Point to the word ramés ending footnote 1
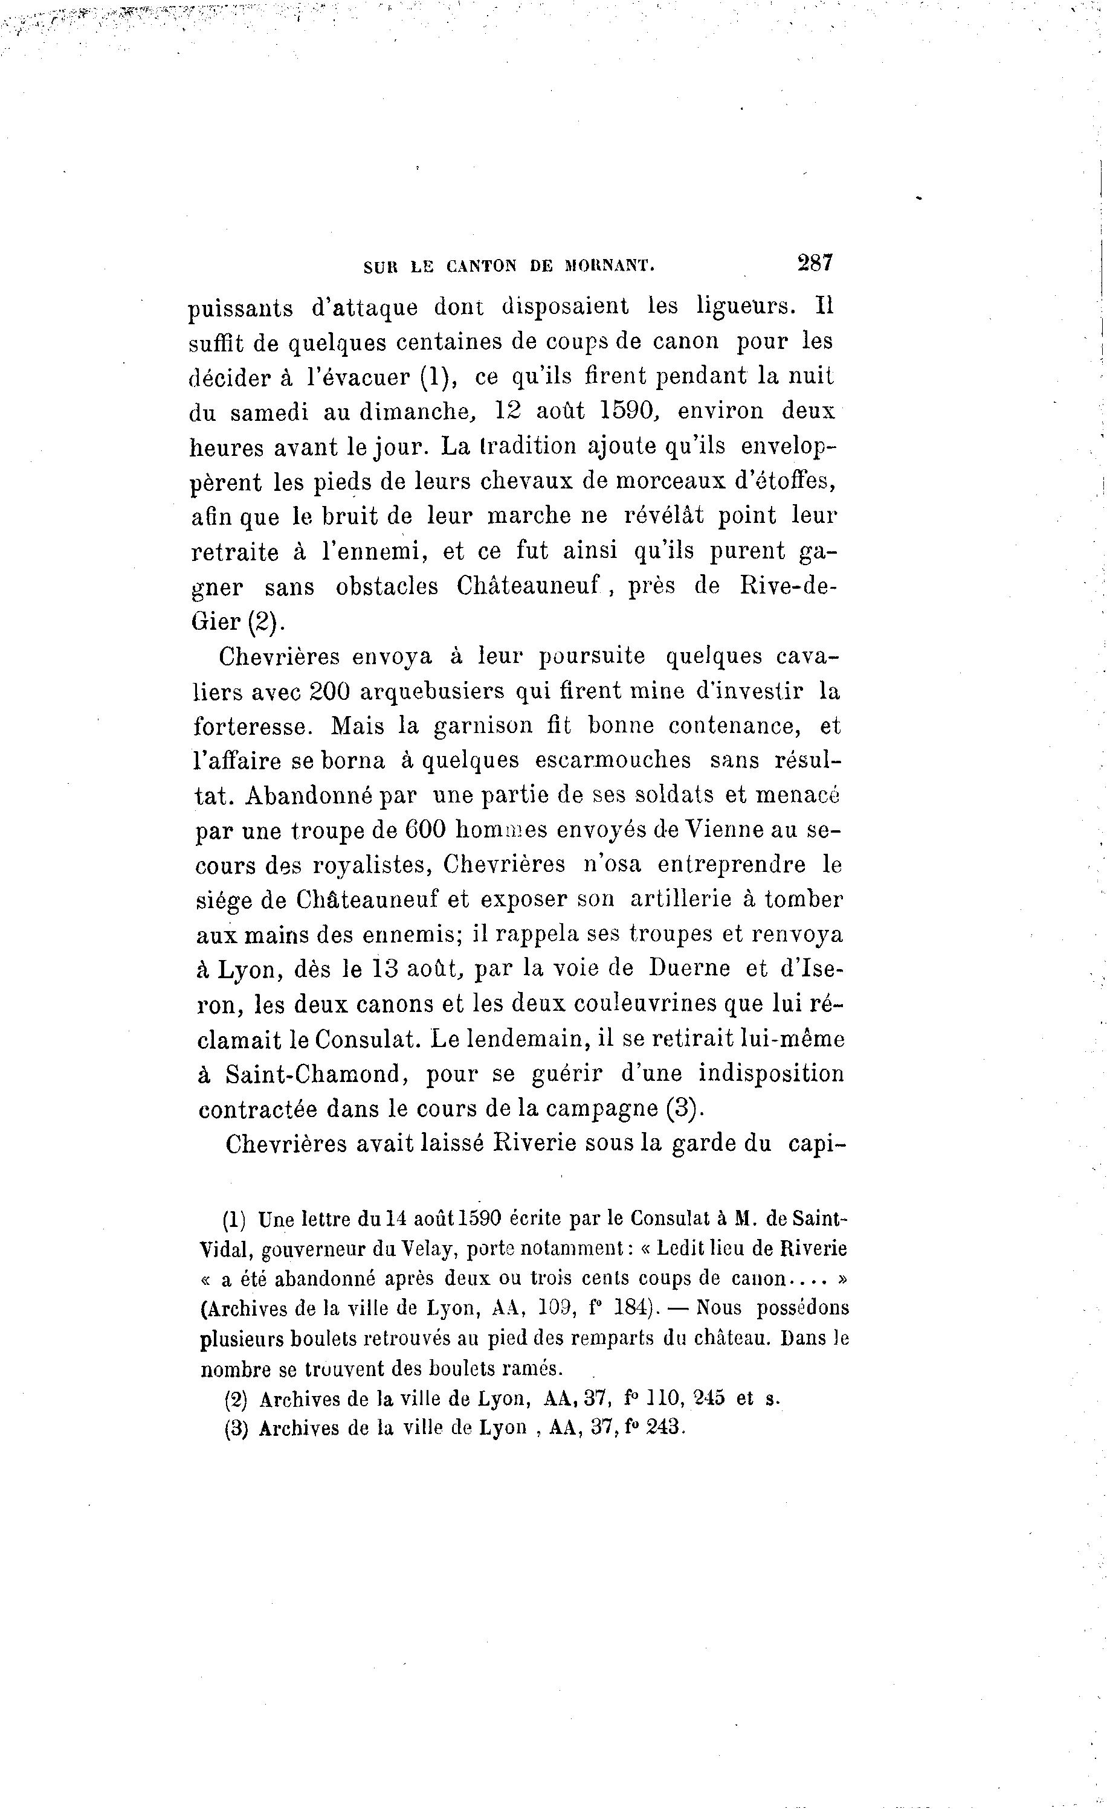[x=534, y=1368]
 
